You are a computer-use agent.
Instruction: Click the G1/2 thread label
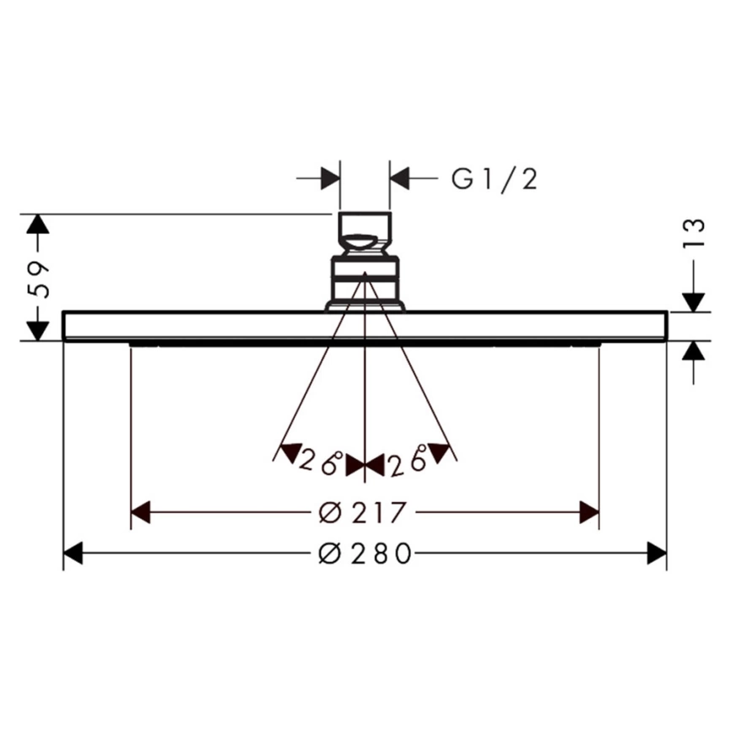(494, 179)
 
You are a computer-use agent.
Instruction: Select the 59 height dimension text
(38, 279)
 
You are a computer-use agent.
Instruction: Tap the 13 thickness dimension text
(694, 234)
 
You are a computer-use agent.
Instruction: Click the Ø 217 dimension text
(362, 512)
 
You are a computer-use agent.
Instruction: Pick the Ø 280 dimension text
(365, 554)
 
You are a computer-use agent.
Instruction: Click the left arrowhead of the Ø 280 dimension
(73, 554)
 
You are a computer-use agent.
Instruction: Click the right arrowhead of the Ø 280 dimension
(657, 554)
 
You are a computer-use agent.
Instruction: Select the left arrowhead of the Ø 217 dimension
(140, 512)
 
